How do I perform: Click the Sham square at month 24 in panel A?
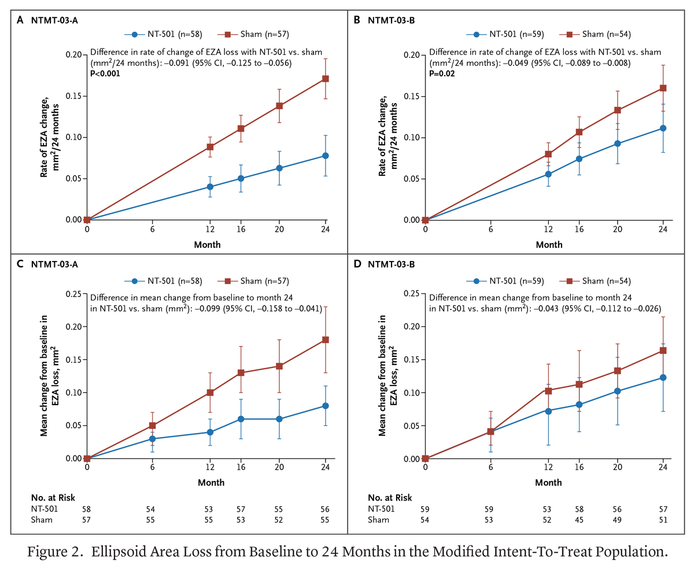pyautogui.click(x=326, y=79)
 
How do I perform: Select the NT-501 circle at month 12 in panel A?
pyautogui.click(x=209, y=186)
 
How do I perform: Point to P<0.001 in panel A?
pyautogui.click(x=104, y=73)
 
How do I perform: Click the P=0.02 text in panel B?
pyautogui.click(x=443, y=73)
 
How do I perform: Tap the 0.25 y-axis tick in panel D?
pyautogui.click(x=412, y=293)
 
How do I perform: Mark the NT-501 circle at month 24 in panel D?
pyautogui.click(x=663, y=377)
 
